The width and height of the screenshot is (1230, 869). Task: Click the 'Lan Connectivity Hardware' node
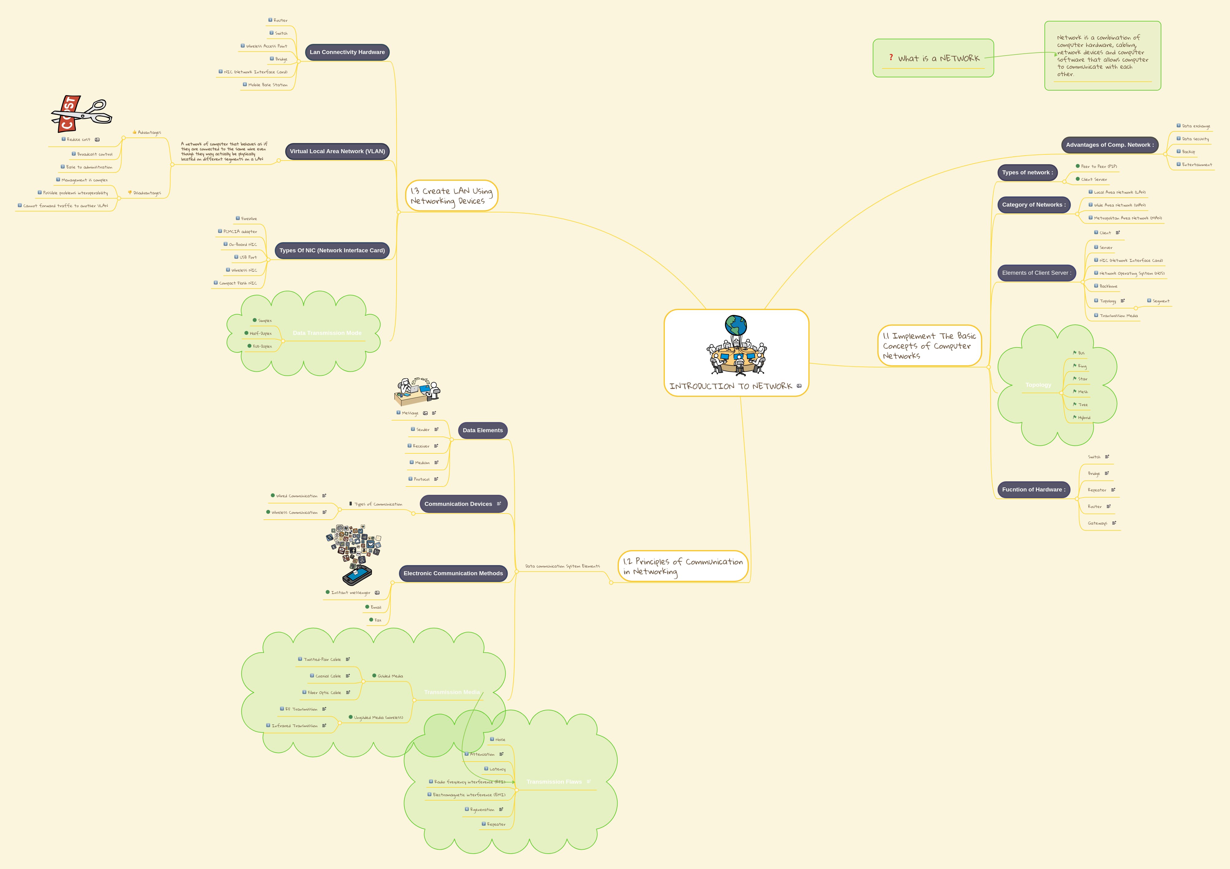[x=347, y=52]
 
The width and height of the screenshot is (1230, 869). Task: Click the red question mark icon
[x=891, y=57]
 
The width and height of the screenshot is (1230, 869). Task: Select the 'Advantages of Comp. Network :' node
[x=1109, y=145]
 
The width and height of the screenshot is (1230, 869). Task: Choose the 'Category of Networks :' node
[x=1033, y=205]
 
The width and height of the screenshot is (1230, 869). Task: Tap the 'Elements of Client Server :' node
[x=1036, y=273]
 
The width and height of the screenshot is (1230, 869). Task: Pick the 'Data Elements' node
[x=483, y=430]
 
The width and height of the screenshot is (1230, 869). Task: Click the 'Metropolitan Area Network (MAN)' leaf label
[x=1127, y=218]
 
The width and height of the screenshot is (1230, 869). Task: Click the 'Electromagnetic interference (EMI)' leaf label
[x=469, y=795]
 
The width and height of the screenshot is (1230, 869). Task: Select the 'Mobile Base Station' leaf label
[x=267, y=85]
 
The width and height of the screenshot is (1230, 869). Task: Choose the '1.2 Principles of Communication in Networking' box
[x=683, y=566]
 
